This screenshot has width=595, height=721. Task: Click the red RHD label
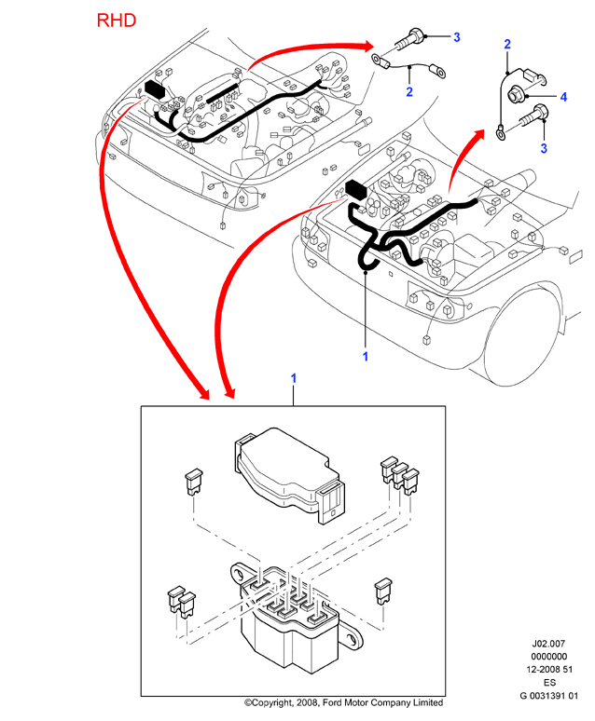[x=117, y=20]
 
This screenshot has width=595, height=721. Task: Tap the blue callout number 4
[x=563, y=97]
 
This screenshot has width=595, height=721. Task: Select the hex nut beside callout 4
[x=515, y=94]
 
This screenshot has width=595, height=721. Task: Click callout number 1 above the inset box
[x=294, y=378]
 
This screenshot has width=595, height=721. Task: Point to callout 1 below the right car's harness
[x=366, y=357]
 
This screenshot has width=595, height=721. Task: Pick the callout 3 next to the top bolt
[x=456, y=37]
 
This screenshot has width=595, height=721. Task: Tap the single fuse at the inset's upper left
[x=194, y=481]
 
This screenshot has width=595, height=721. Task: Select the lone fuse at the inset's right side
[x=383, y=591]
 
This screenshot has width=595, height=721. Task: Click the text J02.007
[x=548, y=644]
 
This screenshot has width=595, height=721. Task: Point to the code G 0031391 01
[x=548, y=696]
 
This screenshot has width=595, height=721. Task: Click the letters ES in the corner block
[x=549, y=683]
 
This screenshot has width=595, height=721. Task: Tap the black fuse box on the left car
[x=155, y=89]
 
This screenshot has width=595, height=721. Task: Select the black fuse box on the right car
[x=355, y=189]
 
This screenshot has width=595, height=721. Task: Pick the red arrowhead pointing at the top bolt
[x=367, y=45]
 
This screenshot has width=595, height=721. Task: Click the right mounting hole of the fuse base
[x=353, y=638]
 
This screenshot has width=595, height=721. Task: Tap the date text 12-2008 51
[x=549, y=670]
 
